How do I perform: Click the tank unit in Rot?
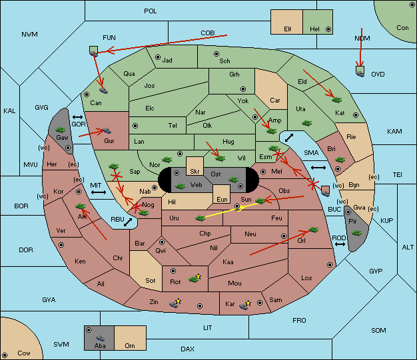pyautogui.click(x=194, y=279)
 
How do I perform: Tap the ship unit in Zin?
pyautogui.click(x=174, y=304)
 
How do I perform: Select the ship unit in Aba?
pyautogui.click(x=100, y=338)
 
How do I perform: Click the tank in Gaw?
pyautogui.click(x=60, y=130)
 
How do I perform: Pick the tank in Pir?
pyautogui.click(x=356, y=233)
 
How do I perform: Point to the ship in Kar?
pyautogui.click(x=244, y=306)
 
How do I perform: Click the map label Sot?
pyautogui.click(x=151, y=281)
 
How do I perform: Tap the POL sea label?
pyautogui.click(x=151, y=11)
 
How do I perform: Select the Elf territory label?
pyautogui.click(x=288, y=29)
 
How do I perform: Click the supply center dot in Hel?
pyautogui.click(x=328, y=29)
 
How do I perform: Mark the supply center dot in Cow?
pyautogui.click(x=5, y=355)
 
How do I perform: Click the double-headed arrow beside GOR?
pyautogui.click(x=77, y=117)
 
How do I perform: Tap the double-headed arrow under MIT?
pyautogui.click(x=99, y=192)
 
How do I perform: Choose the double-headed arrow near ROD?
pyautogui.click(x=340, y=244)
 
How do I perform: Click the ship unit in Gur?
pyautogui.click(x=107, y=130)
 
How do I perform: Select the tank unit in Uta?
pyautogui.click(x=306, y=123)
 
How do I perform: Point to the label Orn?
pyautogui.click(x=130, y=345)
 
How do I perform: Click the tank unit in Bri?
pyautogui.click(x=340, y=160)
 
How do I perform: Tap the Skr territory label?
pyautogui.click(x=195, y=172)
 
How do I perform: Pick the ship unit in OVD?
pyautogui.click(x=360, y=73)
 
